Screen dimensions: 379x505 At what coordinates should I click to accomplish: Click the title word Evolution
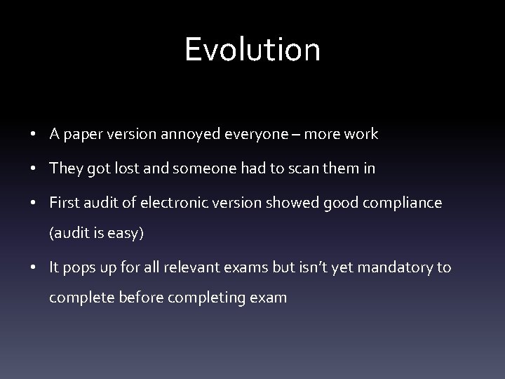[252, 50]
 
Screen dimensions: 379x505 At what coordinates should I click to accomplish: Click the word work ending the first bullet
[361, 135]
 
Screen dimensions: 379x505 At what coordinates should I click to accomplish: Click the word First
[65, 202]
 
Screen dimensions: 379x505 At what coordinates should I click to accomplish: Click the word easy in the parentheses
[125, 234]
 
